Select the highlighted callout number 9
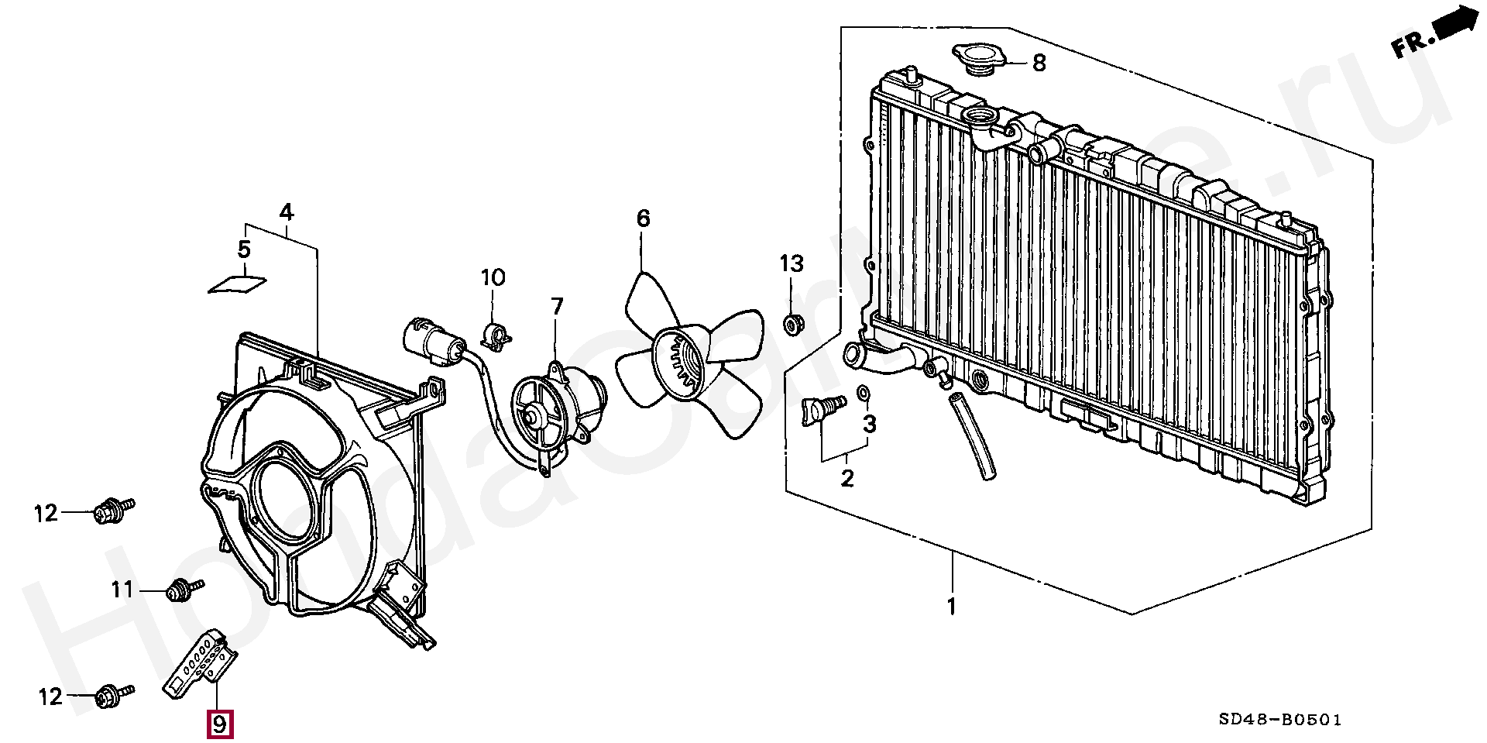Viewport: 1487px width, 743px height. [x=219, y=724]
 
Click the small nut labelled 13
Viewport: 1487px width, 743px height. [x=792, y=324]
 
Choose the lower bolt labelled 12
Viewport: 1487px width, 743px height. [x=114, y=695]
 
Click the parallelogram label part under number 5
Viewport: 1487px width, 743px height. [x=238, y=285]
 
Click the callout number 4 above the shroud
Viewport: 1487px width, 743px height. [x=286, y=211]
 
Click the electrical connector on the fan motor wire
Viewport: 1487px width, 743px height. [x=434, y=341]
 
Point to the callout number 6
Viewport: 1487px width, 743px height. [x=642, y=219]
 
